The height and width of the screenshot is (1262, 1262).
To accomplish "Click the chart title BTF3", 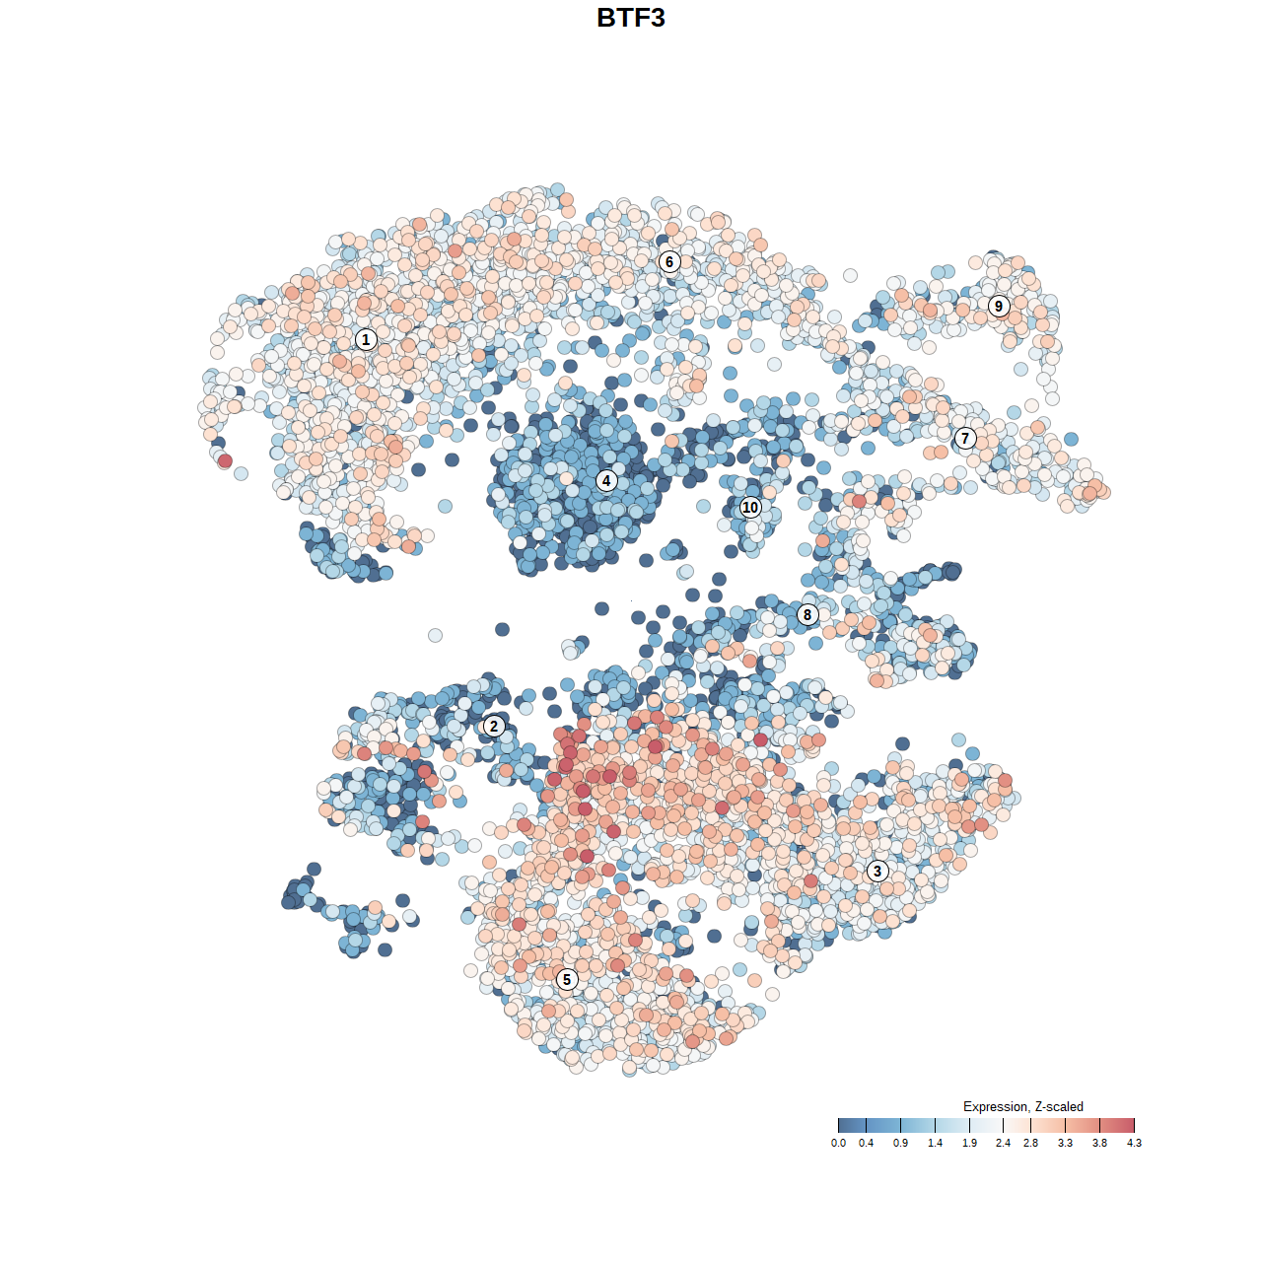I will click(x=631, y=18).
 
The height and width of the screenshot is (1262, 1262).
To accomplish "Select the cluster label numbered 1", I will click(x=366, y=339).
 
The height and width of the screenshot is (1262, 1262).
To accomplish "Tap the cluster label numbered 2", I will click(x=494, y=727).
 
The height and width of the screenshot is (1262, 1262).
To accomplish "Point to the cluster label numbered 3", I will click(x=877, y=871).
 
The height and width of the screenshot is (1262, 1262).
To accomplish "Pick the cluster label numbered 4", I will click(x=606, y=480).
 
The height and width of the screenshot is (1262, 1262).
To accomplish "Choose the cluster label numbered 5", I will click(x=566, y=979).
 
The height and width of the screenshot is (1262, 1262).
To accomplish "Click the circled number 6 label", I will click(x=669, y=261).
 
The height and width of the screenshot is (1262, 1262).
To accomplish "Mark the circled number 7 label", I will click(x=965, y=439).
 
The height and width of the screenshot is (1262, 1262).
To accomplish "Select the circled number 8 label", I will click(x=807, y=614).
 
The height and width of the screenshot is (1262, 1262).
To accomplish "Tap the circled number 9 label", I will click(x=999, y=306).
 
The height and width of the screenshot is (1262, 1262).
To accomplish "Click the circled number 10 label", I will click(x=750, y=507).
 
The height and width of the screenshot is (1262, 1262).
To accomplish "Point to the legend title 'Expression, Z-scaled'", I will click(x=1022, y=1106).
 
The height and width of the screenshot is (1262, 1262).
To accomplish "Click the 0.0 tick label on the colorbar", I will click(x=838, y=1143).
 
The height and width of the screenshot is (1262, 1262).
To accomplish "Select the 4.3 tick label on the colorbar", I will click(x=1134, y=1143).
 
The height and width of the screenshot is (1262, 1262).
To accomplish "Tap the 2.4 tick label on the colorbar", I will click(x=1003, y=1143).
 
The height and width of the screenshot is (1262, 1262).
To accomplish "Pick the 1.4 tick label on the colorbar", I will click(x=935, y=1143).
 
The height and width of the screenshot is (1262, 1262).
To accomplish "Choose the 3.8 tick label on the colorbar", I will click(x=1099, y=1143).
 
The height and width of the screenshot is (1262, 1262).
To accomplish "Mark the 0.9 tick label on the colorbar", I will click(x=900, y=1143).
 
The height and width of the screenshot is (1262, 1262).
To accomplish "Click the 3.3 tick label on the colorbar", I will click(x=1065, y=1143).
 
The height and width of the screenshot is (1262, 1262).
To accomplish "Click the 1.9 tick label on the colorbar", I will click(x=969, y=1143).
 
